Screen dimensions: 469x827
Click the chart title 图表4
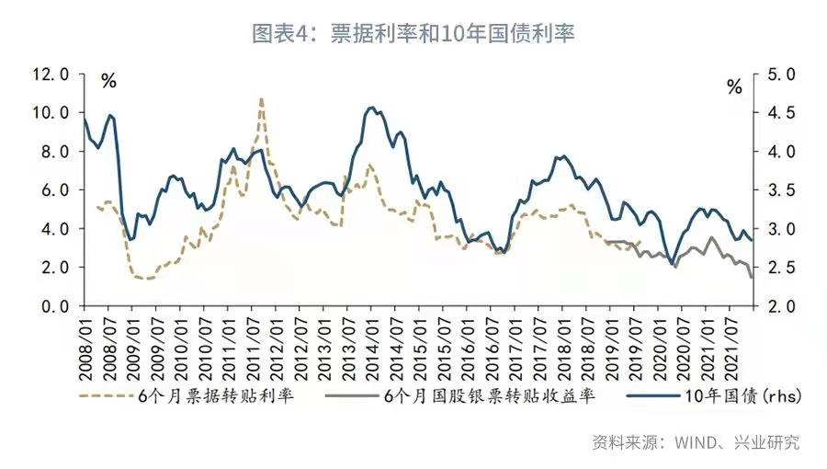click(413, 34)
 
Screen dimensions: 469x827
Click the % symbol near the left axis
click(108, 81)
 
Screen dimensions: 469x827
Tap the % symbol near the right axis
click(734, 87)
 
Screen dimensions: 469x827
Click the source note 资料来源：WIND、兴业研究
click(695, 442)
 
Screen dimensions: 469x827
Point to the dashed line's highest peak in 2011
click(261, 98)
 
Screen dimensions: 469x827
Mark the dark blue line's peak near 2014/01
click(371, 108)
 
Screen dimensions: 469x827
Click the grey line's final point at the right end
click(752, 277)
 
